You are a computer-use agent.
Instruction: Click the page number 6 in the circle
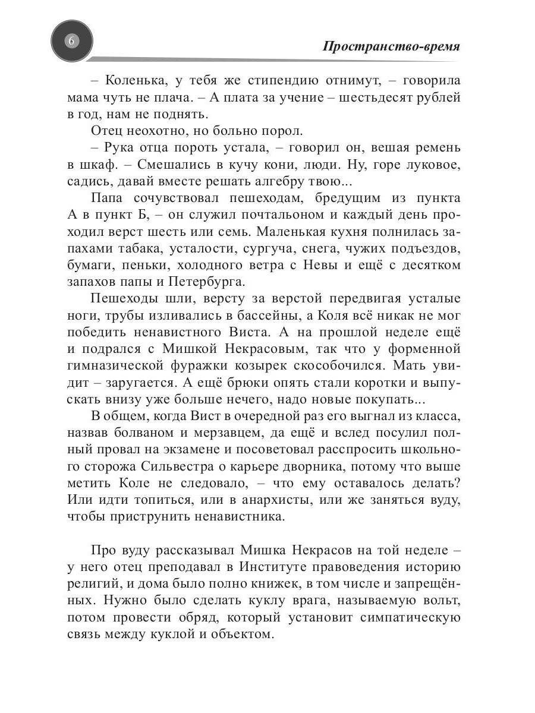(71, 41)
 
